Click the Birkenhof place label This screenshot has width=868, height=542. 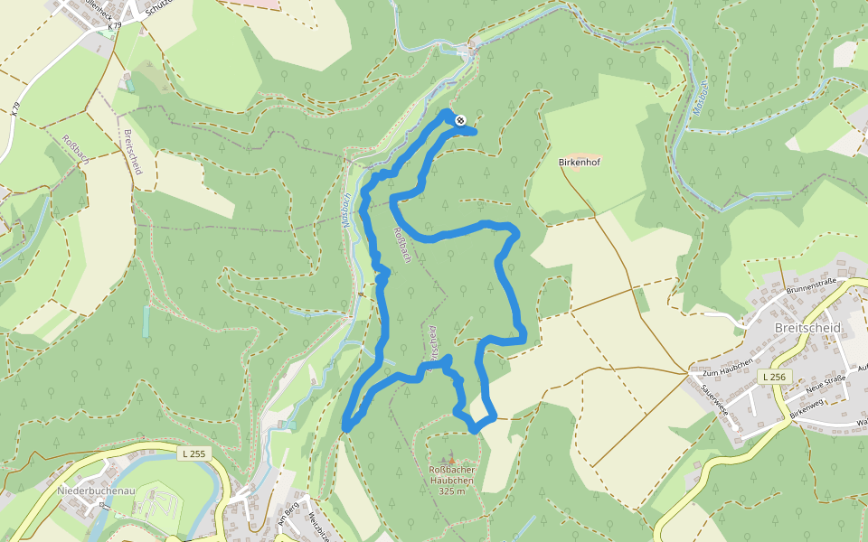coord(580,163)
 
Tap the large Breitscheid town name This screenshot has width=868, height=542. coord(807,327)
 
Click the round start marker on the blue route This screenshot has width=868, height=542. coord(459,119)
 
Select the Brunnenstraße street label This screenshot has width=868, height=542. coord(814,287)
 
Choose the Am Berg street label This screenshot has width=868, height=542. coord(288,513)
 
